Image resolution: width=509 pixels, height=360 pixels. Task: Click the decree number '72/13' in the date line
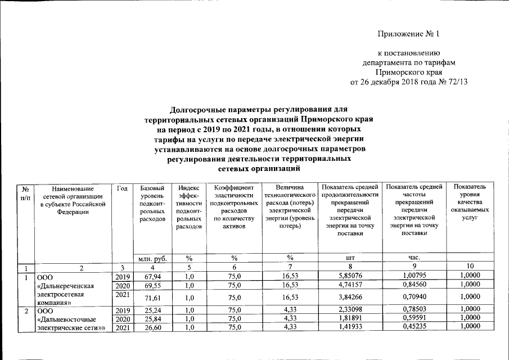(457, 82)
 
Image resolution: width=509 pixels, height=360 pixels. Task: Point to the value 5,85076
(349, 276)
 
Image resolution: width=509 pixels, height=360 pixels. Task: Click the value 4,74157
(349, 285)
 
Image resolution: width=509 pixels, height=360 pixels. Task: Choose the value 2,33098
(349, 309)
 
